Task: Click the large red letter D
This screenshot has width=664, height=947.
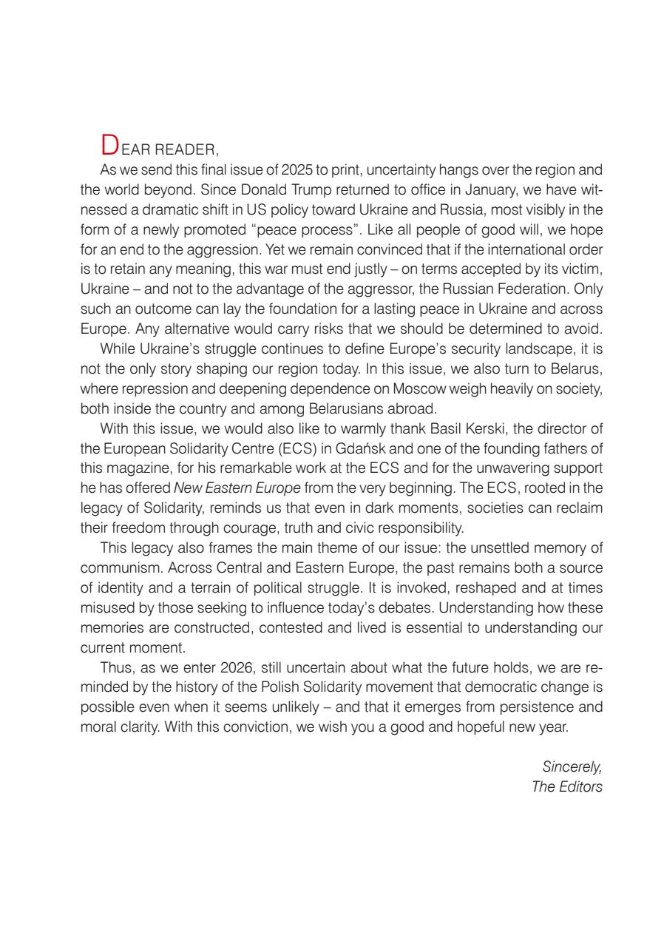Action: pos(109,143)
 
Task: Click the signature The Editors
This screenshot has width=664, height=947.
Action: pos(567,786)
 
